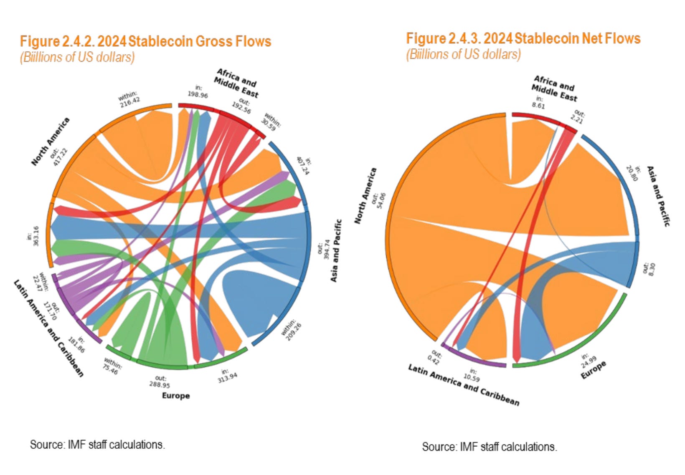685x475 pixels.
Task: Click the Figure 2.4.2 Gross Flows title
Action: click(x=145, y=41)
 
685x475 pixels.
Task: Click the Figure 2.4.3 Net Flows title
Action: click(x=523, y=38)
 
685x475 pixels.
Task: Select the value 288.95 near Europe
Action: click(x=160, y=384)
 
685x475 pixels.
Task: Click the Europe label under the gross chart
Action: click(x=176, y=395)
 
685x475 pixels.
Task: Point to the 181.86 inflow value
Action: click(x=76, y=345)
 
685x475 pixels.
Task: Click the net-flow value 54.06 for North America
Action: click(x=381, y=200)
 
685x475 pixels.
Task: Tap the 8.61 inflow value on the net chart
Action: click(x=538, y=106)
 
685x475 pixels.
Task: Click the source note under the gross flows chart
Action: click(x=97, y=445)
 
